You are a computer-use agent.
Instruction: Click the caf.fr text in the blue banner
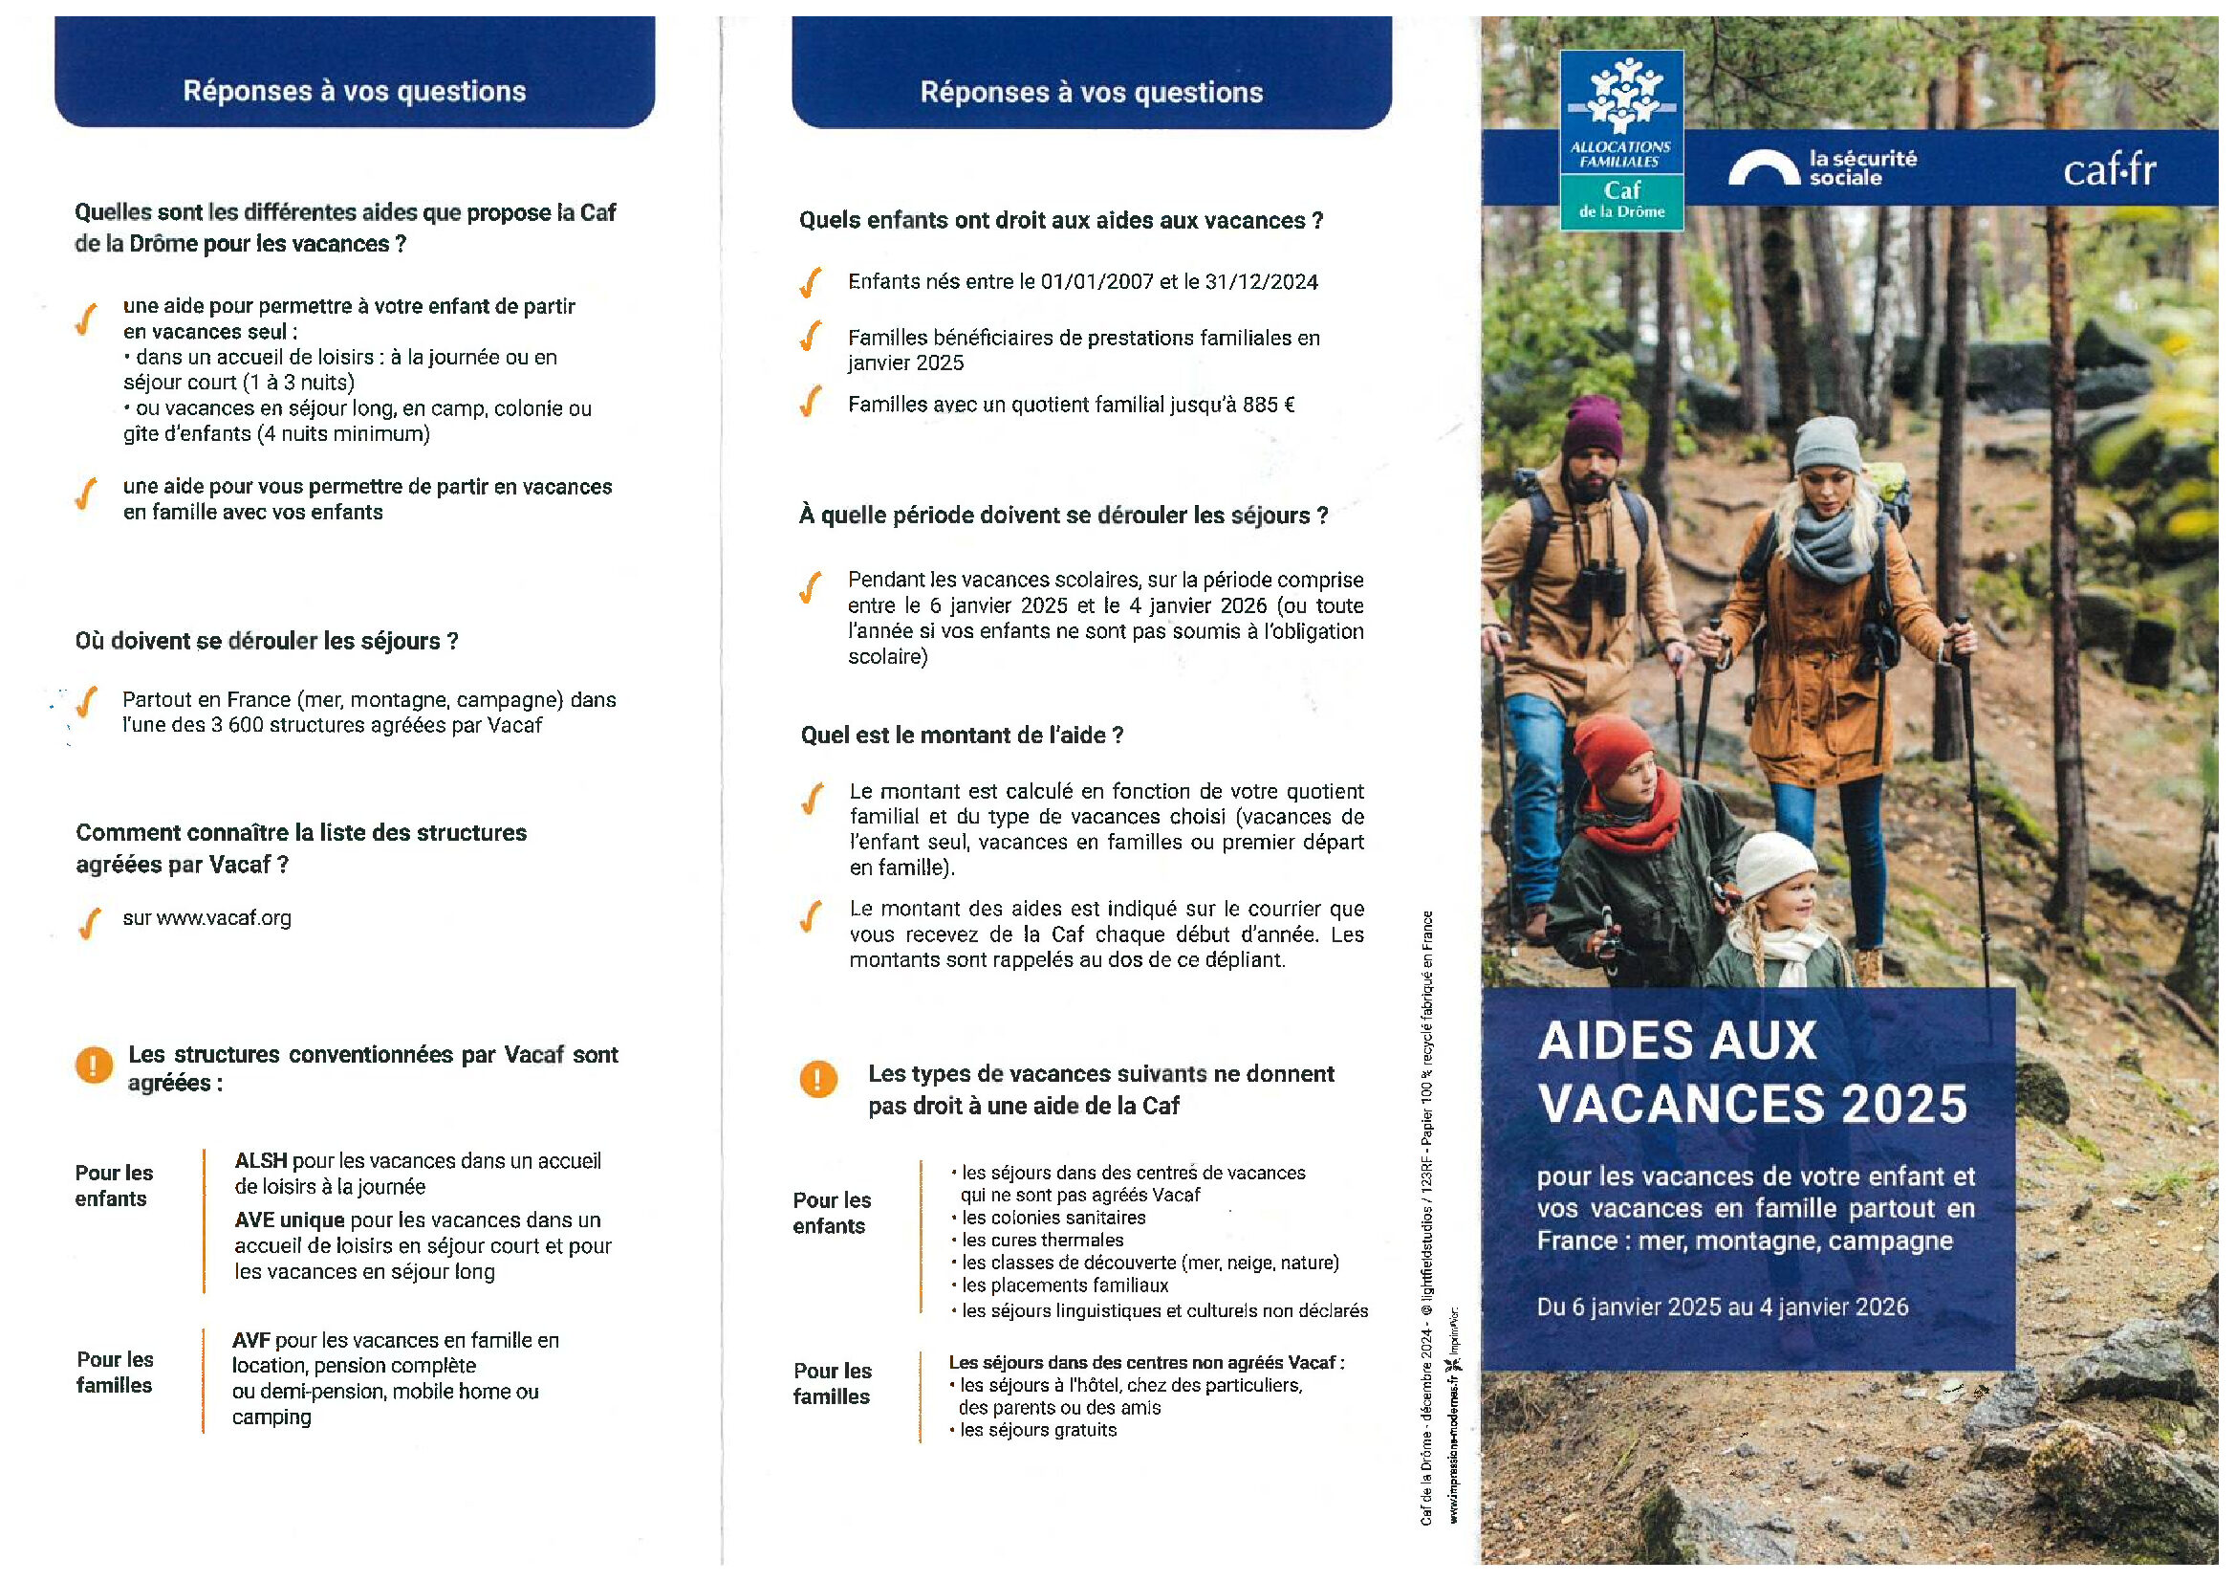(2109, 171)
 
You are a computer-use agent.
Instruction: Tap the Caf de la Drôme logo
(1621, 141)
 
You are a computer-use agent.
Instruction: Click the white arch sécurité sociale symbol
(1764, 168)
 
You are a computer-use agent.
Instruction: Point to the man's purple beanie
(1594, 427)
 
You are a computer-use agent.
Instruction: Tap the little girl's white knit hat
(1776, 864)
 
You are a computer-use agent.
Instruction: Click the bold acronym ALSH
(261, 1161)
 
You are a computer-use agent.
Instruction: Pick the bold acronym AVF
(250, 1340)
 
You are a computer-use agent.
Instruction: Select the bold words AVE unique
(290, 1220)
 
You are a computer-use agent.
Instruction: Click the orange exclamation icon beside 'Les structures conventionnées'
(95, 1065)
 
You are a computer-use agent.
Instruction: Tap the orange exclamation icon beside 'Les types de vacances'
(818, 1079)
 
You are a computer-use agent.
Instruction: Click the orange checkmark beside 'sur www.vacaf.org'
(89, 921)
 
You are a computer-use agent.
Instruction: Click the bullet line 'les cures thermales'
(1042, 1241)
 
